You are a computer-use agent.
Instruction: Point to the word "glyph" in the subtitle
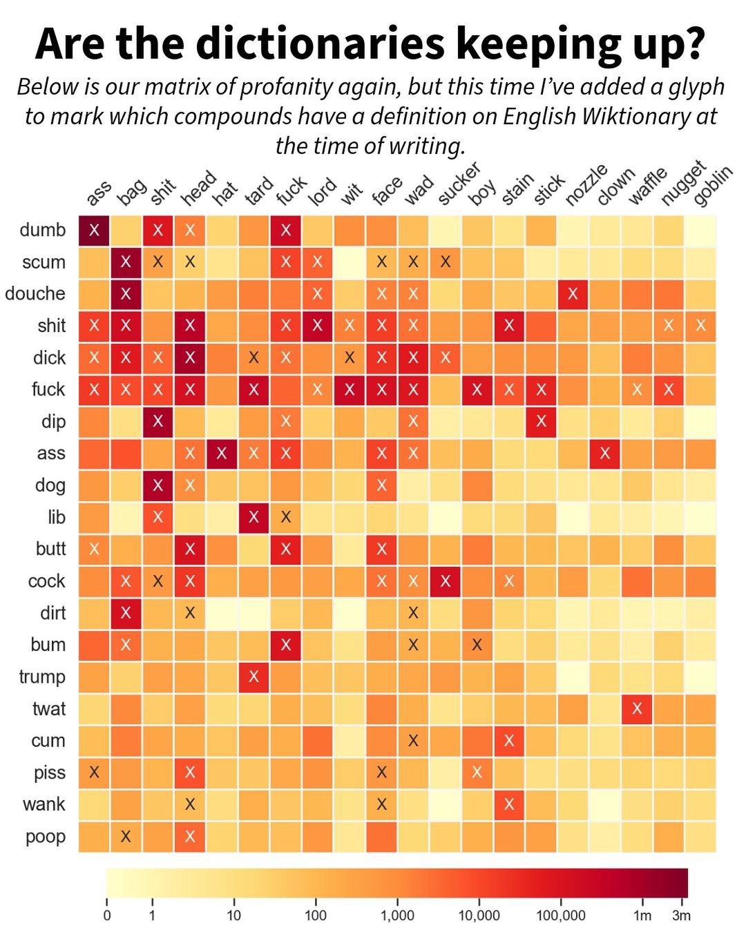691,87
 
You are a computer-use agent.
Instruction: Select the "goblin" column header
711,186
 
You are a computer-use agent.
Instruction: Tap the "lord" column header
322,191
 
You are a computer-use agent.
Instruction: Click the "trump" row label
42,677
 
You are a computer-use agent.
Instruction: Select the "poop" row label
46,836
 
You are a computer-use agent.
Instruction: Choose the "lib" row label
57,517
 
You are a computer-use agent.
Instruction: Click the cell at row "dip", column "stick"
541,421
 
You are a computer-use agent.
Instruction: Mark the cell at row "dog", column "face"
381,485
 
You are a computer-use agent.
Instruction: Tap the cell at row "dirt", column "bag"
126,612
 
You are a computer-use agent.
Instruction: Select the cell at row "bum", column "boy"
477,645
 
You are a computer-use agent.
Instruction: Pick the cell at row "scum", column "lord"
317,262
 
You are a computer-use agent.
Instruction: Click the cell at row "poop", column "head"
190,836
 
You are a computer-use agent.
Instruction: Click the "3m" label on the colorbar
681,915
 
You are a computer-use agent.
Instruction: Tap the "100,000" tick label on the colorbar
560,915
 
